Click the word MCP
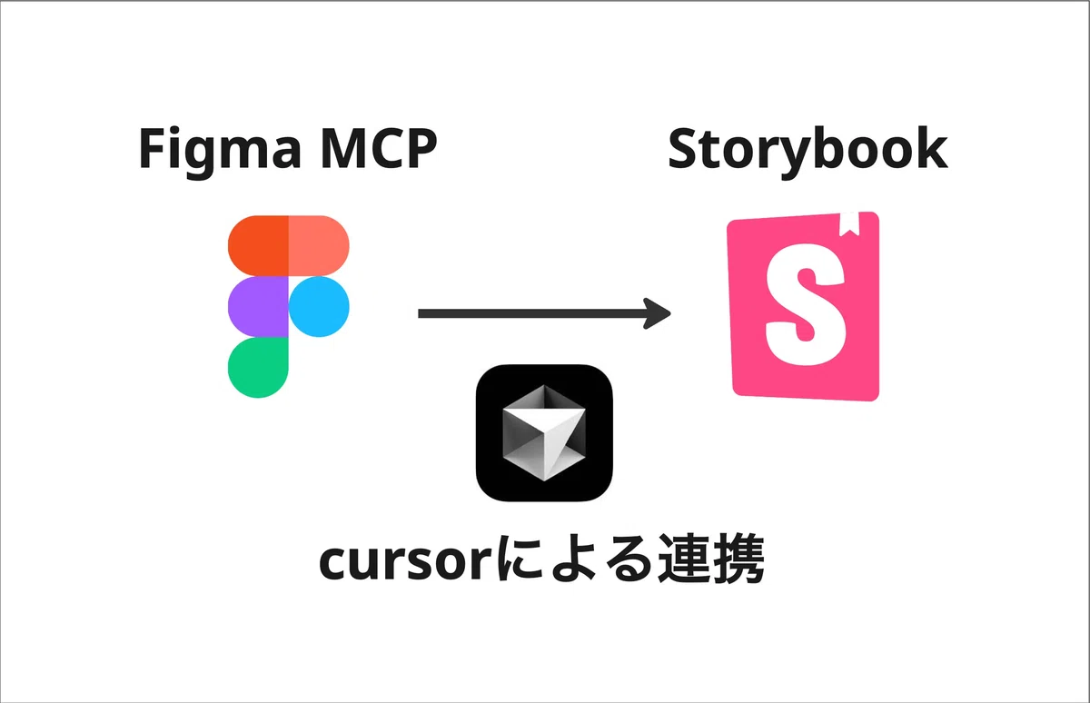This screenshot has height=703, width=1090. point(379,148)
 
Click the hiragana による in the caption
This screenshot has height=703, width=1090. point(576,559)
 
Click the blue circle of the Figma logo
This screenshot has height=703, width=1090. point(319,306)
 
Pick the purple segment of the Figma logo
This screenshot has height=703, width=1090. point(258,306)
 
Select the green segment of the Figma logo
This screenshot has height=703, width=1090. point(258,367)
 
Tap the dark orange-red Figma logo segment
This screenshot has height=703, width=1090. point(258,245)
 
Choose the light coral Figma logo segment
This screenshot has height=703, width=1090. point(319,245)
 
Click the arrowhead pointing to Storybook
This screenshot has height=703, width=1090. point(658,313)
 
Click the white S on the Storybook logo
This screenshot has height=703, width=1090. point(806,304)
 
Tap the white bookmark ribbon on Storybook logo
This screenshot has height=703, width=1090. point(849,223)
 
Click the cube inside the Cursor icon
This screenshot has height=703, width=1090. point(543,432)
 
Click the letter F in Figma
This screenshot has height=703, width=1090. point(154,148)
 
